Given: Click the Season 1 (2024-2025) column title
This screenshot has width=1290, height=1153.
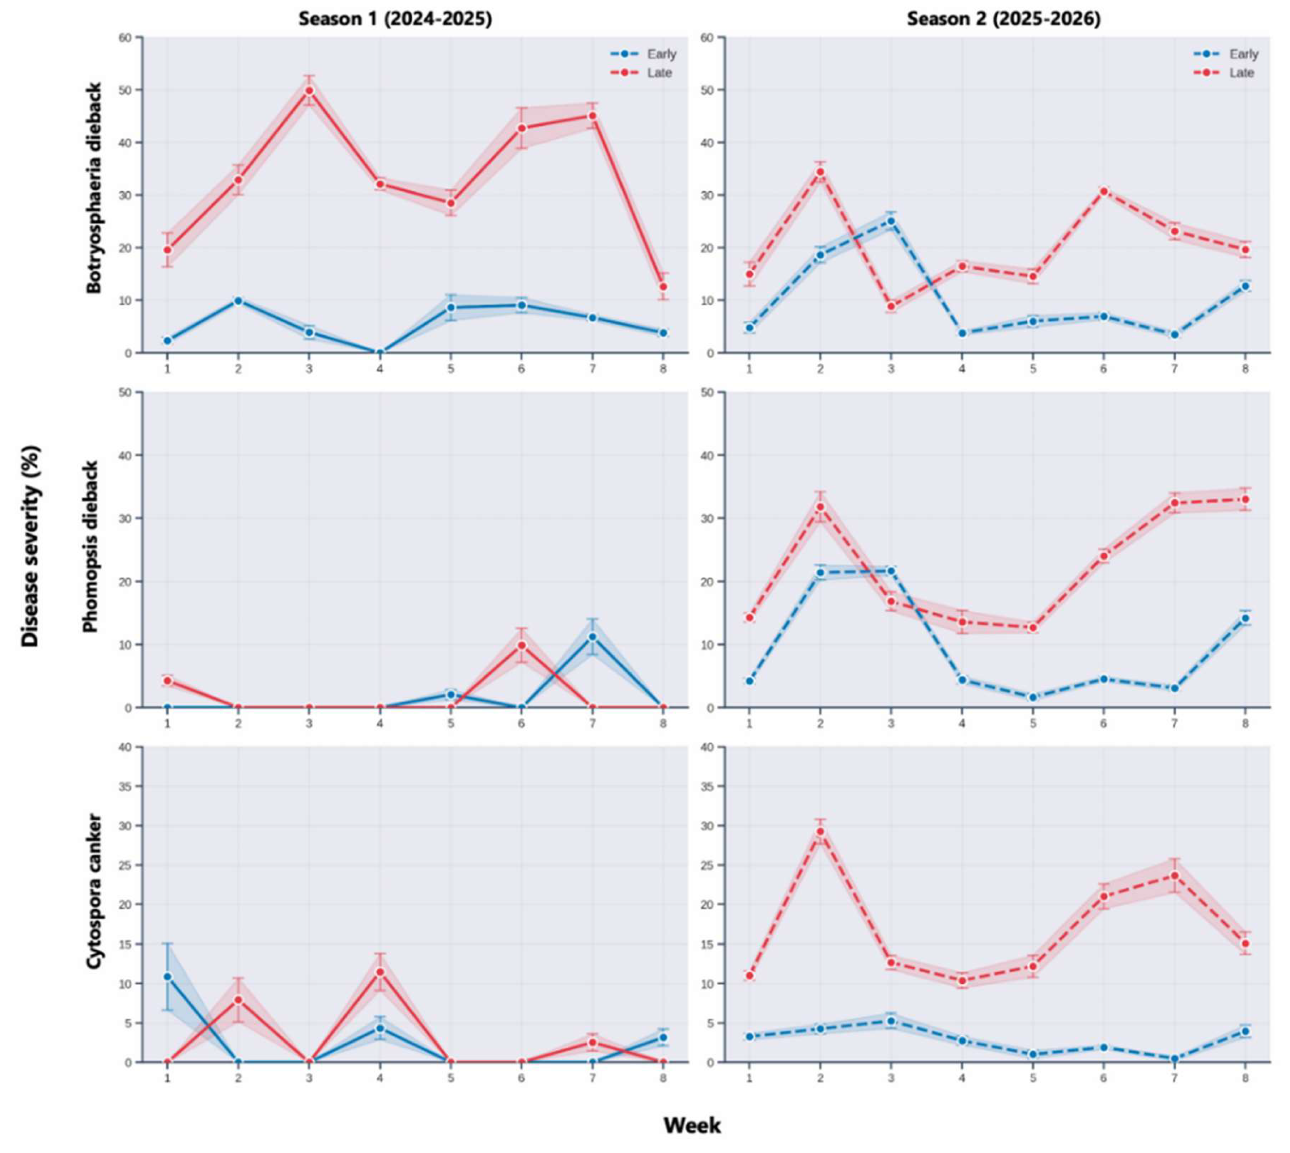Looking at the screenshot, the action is (395, 19).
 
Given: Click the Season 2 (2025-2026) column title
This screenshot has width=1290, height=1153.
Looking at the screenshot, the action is (1004, 19).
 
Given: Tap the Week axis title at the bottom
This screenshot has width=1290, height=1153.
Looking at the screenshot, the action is (692, 1125).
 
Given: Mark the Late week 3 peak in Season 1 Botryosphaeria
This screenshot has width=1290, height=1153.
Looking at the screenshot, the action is (309, 91).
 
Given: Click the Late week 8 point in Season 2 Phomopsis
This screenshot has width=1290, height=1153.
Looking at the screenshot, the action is (1245, 499).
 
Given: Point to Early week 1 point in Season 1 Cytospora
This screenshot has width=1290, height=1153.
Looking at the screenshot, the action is (168, 976).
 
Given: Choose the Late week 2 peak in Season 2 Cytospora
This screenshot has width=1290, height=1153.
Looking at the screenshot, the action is (820, 831).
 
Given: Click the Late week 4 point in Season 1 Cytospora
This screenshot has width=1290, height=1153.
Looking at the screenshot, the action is (380, 972).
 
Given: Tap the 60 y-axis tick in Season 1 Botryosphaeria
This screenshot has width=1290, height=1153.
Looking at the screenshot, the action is (126, 37).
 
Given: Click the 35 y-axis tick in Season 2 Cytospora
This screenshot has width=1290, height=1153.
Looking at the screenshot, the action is (708, 786).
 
